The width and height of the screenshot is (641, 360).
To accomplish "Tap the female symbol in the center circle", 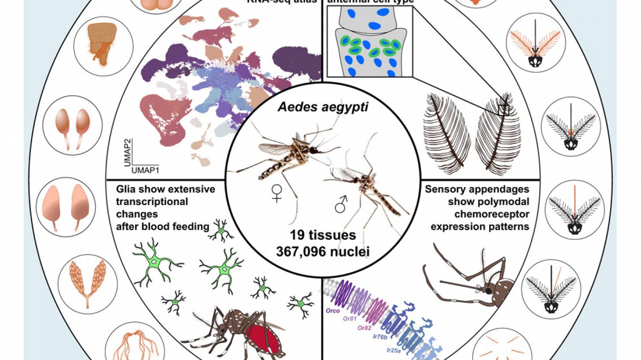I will pos(276,193).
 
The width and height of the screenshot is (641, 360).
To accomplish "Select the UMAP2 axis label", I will pos(126,151).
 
